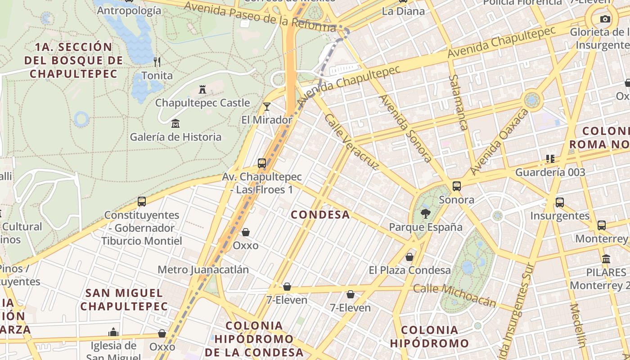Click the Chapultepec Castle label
pos(202,103)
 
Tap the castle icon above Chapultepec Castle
pos(202,90)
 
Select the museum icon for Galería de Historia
pos(175,123)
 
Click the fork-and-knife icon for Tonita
pos(157,62)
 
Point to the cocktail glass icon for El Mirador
pos(267,107)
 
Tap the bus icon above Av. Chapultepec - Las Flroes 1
pos(262,163)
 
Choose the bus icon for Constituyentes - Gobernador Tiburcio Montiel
pos(142,202)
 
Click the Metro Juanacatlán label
pos(203,270)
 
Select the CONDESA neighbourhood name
pos(320,215)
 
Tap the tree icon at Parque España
pos(425,214)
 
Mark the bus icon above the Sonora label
pos(457,186)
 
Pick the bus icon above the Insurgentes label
pos(560,202)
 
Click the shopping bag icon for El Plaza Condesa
pos(409,257)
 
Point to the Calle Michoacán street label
pos(454,295)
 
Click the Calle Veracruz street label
pos(352,142)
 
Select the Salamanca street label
pos(458,102)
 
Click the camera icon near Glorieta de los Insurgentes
pos(605,19)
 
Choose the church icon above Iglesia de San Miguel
pos(113,333)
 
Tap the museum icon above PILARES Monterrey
pos(606,259)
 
